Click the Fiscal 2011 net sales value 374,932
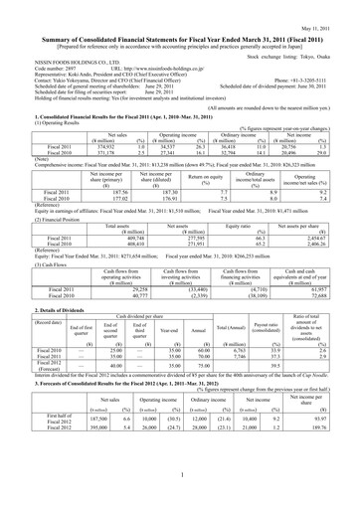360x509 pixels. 102,149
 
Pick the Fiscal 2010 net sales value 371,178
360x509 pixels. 102,156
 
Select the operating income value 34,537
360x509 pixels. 159,149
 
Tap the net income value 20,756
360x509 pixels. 315,149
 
